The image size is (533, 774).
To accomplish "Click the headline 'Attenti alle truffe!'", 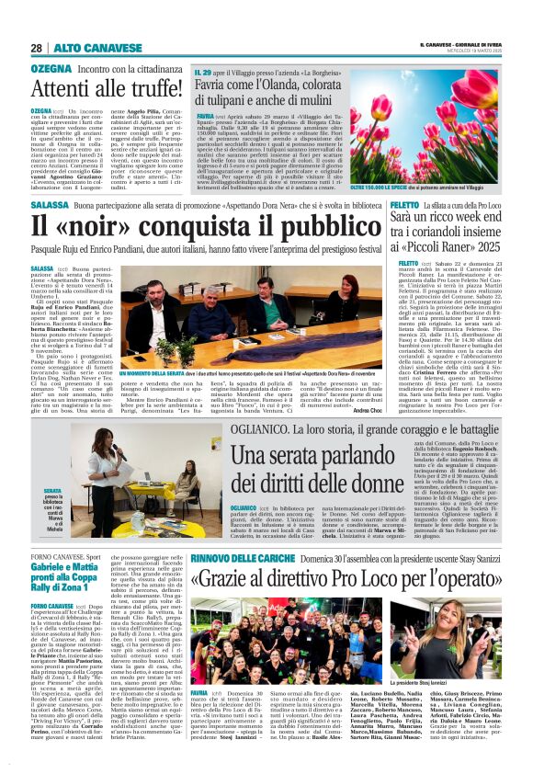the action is tap(119, 88).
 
